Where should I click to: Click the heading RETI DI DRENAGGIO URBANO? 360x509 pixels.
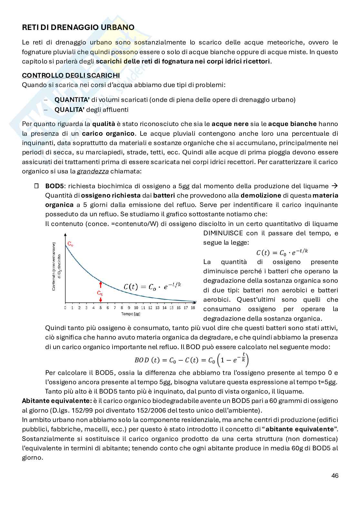(78, 27)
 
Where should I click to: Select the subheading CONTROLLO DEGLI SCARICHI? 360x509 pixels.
(71, 75)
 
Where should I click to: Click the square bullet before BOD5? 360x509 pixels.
(36, 186)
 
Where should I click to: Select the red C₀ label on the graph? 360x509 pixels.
(70, 244)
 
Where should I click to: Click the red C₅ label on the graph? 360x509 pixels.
(100, 294)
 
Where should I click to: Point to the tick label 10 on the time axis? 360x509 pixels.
(136, 308)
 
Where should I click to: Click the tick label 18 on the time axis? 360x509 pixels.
(193, 308)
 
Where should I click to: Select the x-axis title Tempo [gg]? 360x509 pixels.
(131, 314)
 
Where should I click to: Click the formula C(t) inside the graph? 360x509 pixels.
(153, 287)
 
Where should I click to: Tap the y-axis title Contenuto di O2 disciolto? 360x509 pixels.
(56, 267)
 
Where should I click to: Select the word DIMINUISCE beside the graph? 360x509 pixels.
(223, 233)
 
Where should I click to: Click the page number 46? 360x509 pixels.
(335, 476)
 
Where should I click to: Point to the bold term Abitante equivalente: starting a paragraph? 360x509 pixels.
(57, 401)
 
